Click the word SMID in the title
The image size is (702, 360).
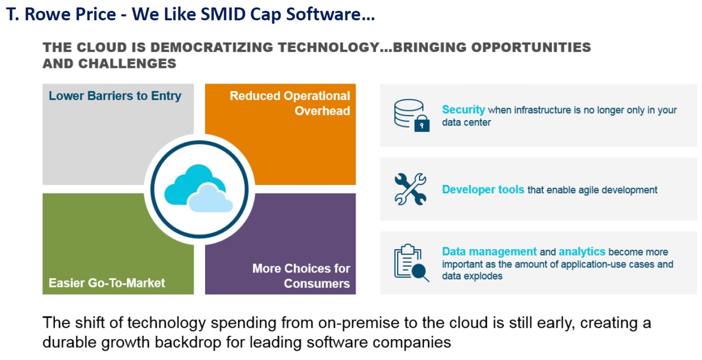tap(223, 14)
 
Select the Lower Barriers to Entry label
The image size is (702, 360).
tap(115, 95)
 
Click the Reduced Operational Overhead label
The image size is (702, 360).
tap(290, 103)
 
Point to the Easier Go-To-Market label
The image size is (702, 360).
tap(106, 283)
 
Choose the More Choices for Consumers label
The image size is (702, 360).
tap(301, 276)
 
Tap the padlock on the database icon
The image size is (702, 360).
tap(422, 123)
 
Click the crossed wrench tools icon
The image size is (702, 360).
tap(411, 189)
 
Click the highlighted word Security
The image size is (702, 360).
tap(463, 109)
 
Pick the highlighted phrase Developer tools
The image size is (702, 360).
tap(483, 189)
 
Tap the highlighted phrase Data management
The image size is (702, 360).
tap(489, 251)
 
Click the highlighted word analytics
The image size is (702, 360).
tap(582, 251)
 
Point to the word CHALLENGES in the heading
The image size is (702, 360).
tap(127, 64)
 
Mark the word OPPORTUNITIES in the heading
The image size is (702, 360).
tap(531, 47)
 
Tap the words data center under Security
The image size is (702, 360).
tap(466, 122)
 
